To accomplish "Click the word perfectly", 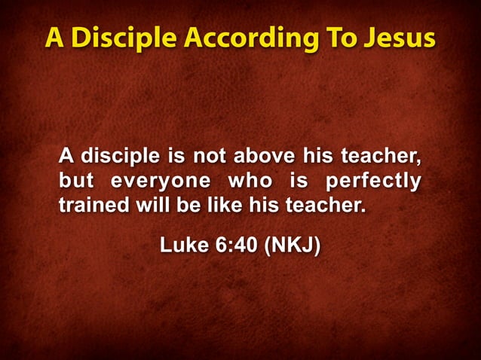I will click(x=372, y=182).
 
